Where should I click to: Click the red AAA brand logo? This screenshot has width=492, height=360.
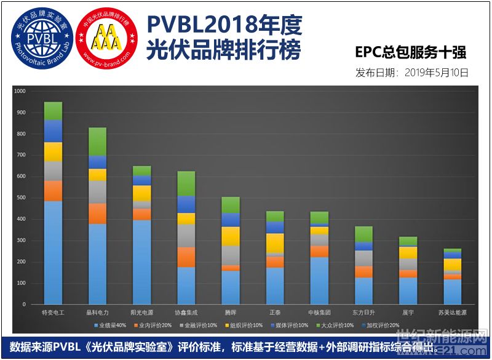click(x=105, y=39)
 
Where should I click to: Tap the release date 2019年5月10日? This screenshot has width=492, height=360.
click(x=412, y=72)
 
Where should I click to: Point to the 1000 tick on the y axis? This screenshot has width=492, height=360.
click(x=20, y=91)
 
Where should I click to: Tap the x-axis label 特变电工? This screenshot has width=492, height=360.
click(x=52, y=312)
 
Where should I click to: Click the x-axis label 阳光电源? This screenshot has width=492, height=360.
click(x=141, y=312)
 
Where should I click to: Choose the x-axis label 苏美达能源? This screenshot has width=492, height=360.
click(x=453, y=312)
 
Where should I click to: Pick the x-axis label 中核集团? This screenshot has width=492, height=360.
click(x=319, y=312)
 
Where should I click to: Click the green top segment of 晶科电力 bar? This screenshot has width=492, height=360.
click(x=97, y=142)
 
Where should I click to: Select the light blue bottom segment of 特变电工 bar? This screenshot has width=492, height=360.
click(x=53, y=252)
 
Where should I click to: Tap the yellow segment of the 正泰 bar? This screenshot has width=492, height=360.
click(x=275, y=243)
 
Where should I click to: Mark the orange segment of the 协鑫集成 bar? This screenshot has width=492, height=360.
click(x=186, y=257)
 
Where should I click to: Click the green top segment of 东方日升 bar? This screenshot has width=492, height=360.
click(x=364, y=234)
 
